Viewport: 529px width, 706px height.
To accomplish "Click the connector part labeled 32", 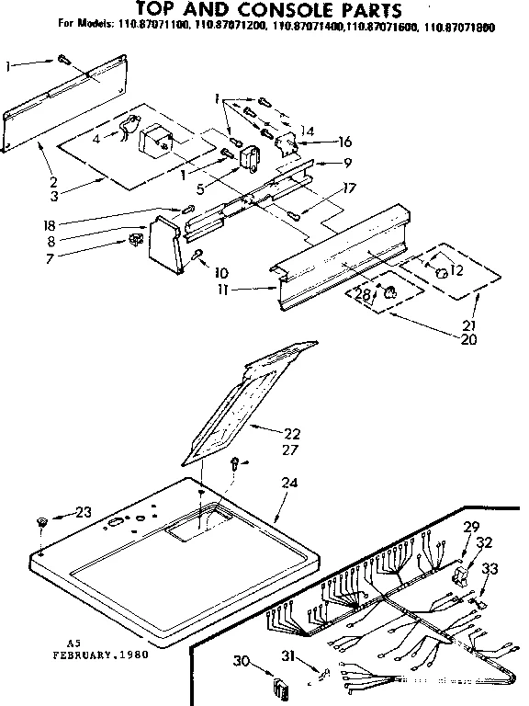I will click(463, 576).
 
